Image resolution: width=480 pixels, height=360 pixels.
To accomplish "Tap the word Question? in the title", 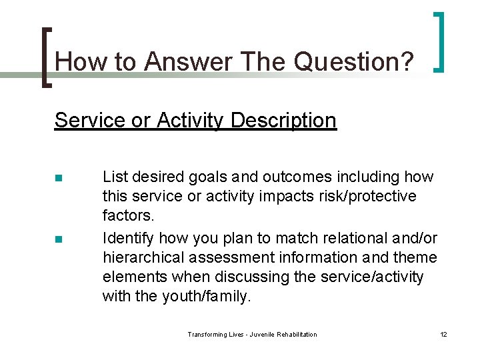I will [354, 62].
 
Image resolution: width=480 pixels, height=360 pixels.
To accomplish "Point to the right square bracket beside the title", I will [439, 41].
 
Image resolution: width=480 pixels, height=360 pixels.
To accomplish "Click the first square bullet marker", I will [58, 178].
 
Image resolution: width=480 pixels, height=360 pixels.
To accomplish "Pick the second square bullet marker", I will [58, 239].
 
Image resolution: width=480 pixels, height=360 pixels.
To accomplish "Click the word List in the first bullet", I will [115, 177].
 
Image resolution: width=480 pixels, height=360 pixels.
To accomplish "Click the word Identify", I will [128, 238].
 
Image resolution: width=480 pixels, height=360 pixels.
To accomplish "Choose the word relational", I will [343, 238].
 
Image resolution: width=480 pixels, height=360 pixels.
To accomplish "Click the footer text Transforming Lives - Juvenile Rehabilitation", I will [252, 334].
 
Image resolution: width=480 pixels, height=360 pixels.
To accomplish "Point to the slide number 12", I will [443, 334].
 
